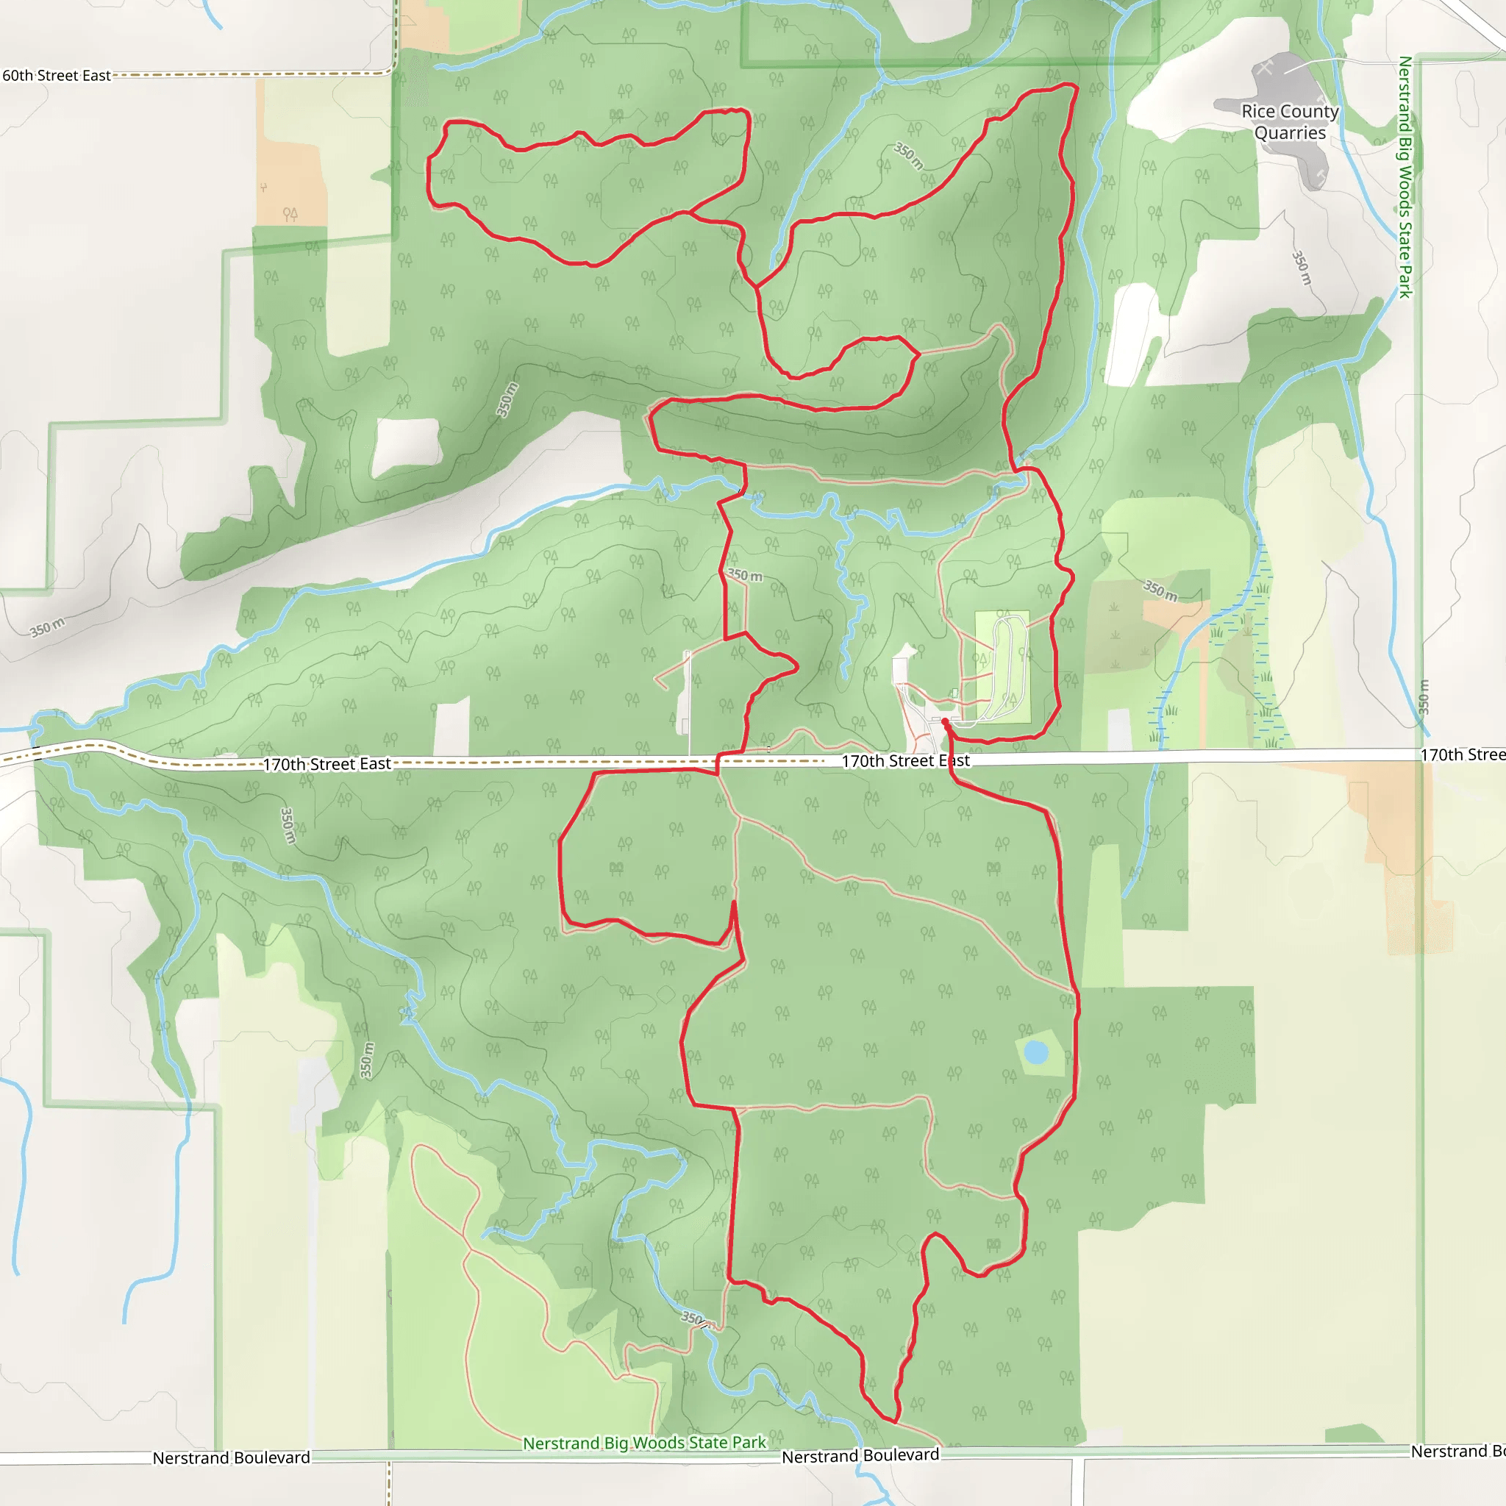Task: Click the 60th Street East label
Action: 56,76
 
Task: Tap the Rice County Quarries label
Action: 1290,122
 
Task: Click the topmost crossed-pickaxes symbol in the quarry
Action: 1264,68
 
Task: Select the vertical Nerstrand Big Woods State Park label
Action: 1405,177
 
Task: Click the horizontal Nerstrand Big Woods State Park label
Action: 645,1443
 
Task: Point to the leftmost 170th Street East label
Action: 326,764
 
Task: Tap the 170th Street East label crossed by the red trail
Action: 906,761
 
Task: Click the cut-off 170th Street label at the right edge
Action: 1462,754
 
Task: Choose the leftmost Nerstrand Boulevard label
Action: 232,1457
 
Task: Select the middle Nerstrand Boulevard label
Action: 860,1456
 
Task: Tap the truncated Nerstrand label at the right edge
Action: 1457,1451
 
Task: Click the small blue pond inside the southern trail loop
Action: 1035,1053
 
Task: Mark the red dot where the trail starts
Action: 945,722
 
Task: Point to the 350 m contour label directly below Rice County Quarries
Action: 1301,268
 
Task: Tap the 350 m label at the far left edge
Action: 48,627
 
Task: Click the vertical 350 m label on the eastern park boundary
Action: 1424,697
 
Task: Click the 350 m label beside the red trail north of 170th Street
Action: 745,575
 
